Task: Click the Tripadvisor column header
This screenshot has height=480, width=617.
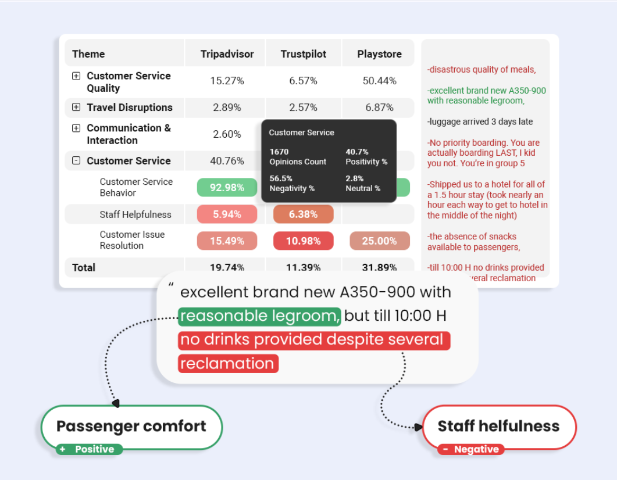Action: click(227, 54)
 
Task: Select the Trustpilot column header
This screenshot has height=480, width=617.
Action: click(303, 54)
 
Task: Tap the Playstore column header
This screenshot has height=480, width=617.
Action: click(379, 54)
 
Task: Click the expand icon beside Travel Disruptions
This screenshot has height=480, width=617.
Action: click(76, 108)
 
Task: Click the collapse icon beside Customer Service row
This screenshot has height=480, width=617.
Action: click(76, 161)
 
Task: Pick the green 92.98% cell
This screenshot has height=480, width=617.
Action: click(227, 187)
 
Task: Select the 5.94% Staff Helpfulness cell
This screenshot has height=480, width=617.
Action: click(227, 214)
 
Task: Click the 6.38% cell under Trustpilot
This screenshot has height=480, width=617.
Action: click(303, 214)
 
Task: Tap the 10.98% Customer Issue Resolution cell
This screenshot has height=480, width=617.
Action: click(303, 241)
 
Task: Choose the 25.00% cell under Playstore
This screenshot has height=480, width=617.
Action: click(379, 241)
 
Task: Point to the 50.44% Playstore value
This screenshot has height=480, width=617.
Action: click(379, 81)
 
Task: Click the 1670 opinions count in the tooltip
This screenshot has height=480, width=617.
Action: click(279, 152)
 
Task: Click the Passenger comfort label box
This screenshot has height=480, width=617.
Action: click(131, 427)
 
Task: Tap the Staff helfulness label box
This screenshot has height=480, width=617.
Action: click(498, 427)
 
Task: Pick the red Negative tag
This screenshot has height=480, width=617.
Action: click(471, 449)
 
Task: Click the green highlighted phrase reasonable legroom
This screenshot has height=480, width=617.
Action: click(259, 316)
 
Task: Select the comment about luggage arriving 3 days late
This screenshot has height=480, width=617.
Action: click(480, 122)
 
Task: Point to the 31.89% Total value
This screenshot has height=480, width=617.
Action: click(379, 268)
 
